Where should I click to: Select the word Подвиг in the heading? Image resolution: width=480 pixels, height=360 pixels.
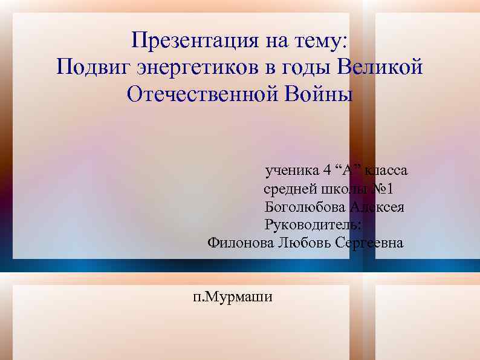tap(90, 67)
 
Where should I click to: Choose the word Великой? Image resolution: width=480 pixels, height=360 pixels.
tap(380, 67)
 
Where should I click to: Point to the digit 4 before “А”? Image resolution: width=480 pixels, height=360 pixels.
tap(326, 171)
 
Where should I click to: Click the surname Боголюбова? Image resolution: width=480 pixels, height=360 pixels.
tap(305, 207)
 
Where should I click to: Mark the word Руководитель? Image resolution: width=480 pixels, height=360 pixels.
tap(313, 225)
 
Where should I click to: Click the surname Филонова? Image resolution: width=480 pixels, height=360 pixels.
tap(238, 243)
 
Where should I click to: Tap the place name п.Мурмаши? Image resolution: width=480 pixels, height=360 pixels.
tap(233, 297)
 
